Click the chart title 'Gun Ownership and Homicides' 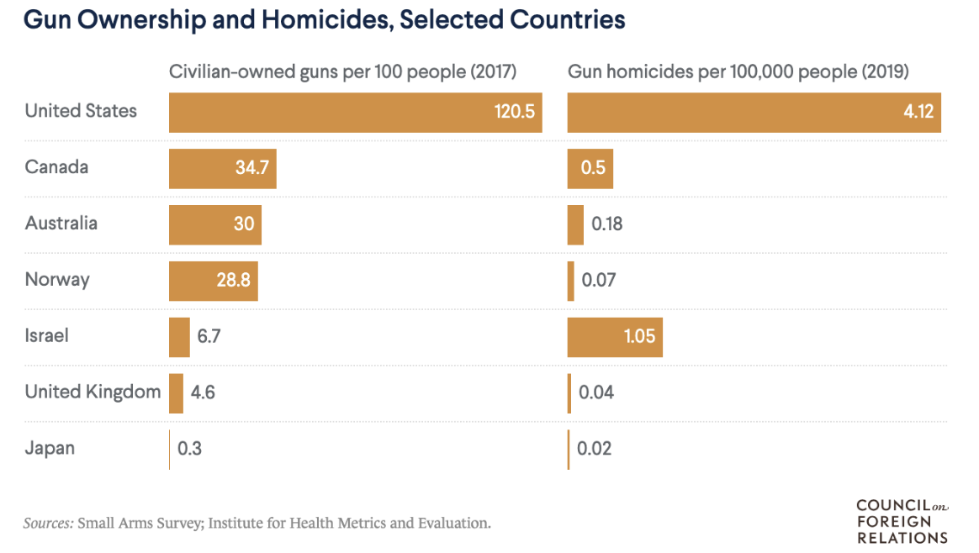(x=325, y=20)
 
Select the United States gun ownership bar (x=355, y=112)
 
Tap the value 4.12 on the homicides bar (x=918, y=112)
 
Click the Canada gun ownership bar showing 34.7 (x=222, y=168)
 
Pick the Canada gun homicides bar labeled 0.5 (x=590, y=168)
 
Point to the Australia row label (x=61, y=224)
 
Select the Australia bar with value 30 (x=214, y=224)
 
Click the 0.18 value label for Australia (x=607, y=224)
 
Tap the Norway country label (x=57, y=280)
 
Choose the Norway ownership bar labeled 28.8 (x=213, y=281)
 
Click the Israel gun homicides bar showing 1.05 (x=614, y=337)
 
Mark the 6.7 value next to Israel (x=209, y=336)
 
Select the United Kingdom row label (x=93, y=392)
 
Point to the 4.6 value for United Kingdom (x=204, y=392)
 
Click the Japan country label (x=50, y=448)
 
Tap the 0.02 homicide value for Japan (x=595, y=449)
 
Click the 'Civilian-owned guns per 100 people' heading (x=342, y=72)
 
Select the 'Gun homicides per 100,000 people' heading (x=738, y=72)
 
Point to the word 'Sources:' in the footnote (x=48, y=523)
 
